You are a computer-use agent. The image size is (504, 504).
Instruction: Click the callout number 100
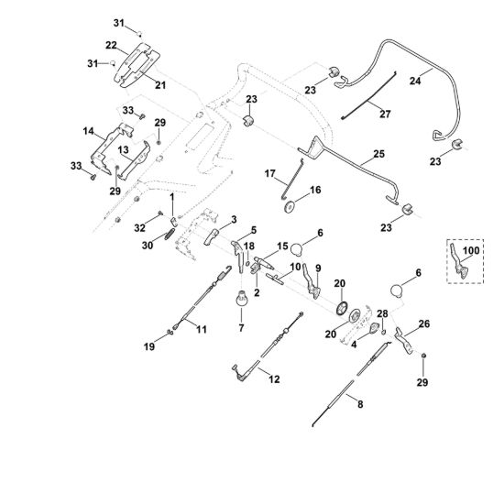471,250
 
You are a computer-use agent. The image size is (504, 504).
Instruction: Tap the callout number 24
415,81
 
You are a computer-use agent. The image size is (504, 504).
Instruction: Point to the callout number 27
385,114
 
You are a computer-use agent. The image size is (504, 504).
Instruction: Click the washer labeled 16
290,206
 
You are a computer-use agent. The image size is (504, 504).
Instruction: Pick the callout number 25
379,154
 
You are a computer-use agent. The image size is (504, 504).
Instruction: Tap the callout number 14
88,131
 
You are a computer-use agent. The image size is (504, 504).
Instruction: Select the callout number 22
111,45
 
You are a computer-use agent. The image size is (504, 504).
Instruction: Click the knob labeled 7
242,299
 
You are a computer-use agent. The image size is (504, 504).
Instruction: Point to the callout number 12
274,379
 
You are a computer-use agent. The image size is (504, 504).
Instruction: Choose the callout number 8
360,404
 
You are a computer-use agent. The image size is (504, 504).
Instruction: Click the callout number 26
424,323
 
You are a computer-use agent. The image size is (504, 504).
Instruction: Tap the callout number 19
149,346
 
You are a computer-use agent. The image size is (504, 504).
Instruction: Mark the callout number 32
140,228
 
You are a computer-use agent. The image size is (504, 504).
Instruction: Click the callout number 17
270,173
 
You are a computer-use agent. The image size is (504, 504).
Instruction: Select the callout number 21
160,85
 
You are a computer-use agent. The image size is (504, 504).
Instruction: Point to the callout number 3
234,220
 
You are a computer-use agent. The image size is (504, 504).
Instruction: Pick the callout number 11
202,330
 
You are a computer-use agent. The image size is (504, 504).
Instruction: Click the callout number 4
354,345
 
